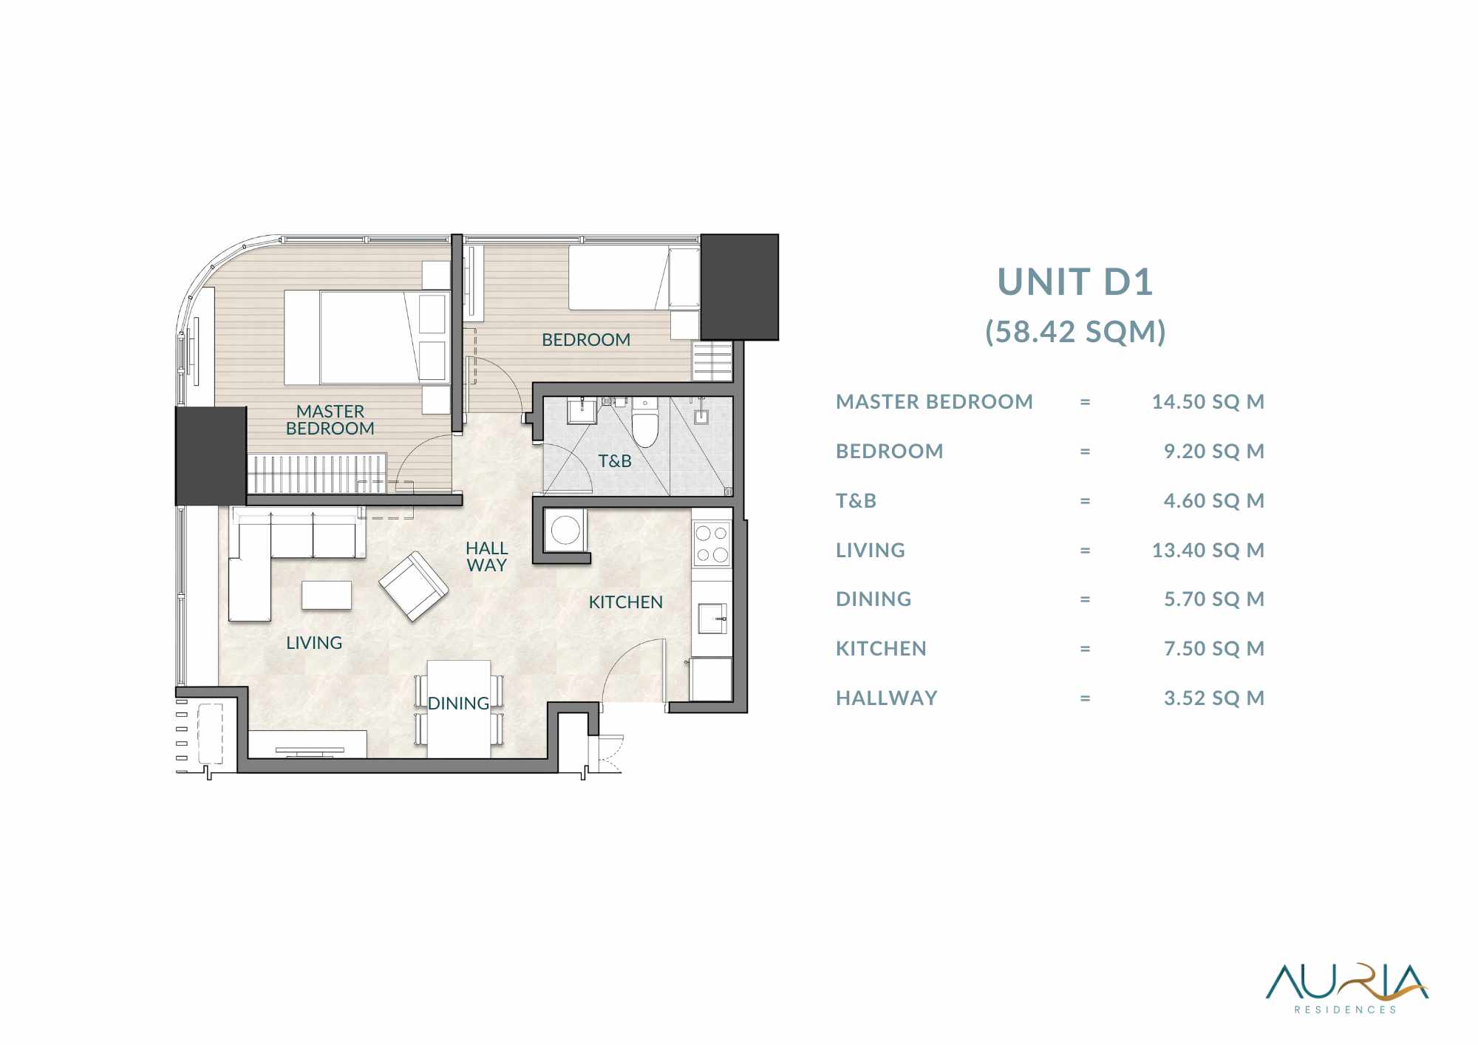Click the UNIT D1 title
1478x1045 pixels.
tap(1075, 282)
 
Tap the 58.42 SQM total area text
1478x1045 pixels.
tap(1075, 332)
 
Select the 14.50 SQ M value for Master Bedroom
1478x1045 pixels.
tap(1208, 402)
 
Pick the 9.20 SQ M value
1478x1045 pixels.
tap(1214, 452)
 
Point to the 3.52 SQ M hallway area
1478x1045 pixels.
tap(1214, 698)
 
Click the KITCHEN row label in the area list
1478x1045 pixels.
tap(881, 649)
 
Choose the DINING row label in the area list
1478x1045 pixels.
tap(873, 599)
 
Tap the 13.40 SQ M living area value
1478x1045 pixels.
tap(1208, 551)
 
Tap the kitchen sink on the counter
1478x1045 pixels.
tap(712, 619)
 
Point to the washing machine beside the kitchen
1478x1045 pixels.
tap(565, 530)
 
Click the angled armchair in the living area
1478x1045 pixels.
tap(413, 586)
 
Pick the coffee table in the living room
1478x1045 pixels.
tap(327, 596)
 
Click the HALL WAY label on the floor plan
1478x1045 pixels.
tap(486, 556)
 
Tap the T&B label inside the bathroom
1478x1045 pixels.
tap(615, 461)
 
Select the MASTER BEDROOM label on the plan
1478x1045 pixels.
tap(330, 420)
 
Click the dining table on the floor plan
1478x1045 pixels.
tap(459, 708)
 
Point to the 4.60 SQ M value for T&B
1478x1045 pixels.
tap(1214, 501)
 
